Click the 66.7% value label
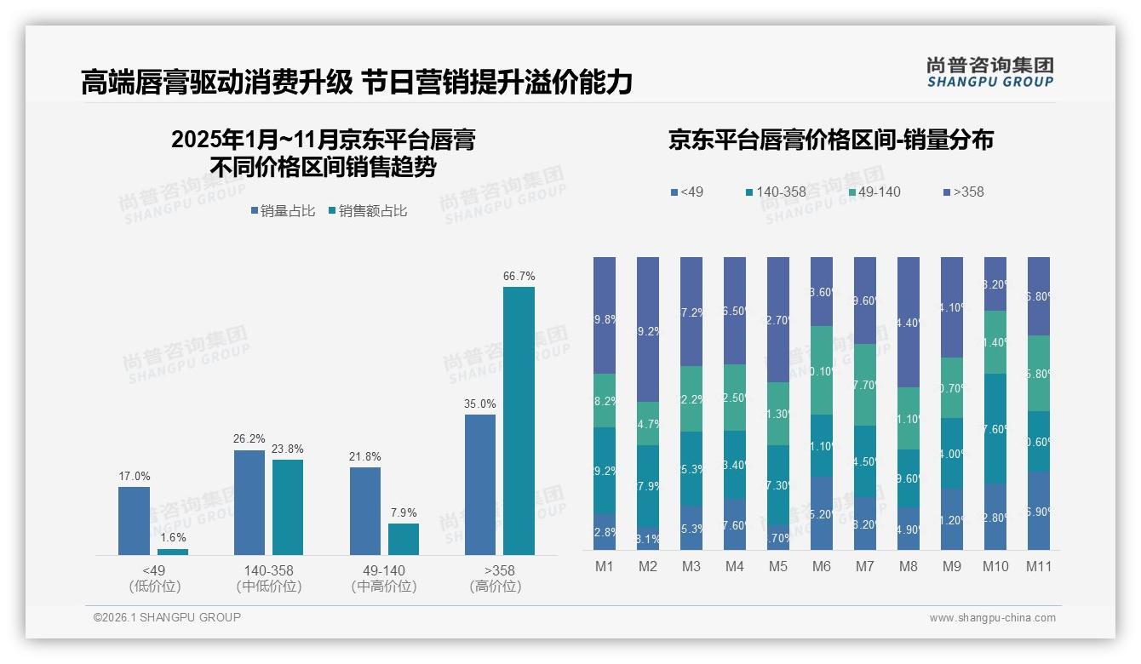tap(519, 277)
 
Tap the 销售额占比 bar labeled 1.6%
tap(173, 552)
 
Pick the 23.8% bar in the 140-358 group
tap(288, 507)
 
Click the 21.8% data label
tap(364, 457)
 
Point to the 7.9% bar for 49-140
tap(404, 539)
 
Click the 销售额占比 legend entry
tap(367, 211)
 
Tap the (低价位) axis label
tap(154, 587)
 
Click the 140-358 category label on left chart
tap(269, 570)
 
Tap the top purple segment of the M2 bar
tap(648, 329)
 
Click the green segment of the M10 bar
tap(995, 342)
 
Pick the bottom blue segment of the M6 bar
tap(822, 512)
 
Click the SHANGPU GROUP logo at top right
tap(989, 72)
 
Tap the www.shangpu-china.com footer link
tap(992, 618)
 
